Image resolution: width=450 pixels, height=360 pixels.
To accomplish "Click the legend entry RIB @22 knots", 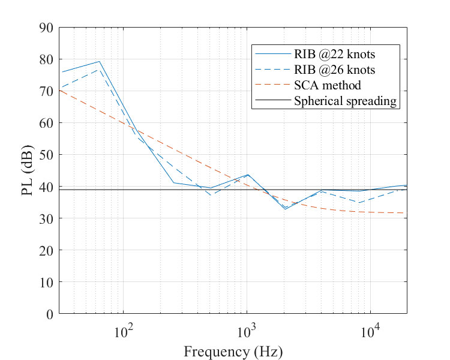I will (343, 55).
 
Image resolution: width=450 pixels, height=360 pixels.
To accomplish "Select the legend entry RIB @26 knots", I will (343, 70).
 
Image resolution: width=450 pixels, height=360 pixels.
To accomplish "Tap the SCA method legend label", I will (328, 86).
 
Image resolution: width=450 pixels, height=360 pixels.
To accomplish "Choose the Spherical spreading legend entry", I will (346, 101).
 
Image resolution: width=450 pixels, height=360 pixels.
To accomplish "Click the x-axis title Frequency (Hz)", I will (233, 351).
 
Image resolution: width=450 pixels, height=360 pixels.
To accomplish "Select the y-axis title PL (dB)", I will (18, 171).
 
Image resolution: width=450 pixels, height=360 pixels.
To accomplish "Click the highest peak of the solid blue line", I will (99, 61).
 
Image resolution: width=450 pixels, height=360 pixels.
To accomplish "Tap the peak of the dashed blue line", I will (99, 70).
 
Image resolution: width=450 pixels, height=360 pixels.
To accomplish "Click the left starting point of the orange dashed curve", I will (60, 90).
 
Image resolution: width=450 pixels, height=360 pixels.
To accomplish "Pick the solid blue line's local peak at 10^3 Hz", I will (247, 175).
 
